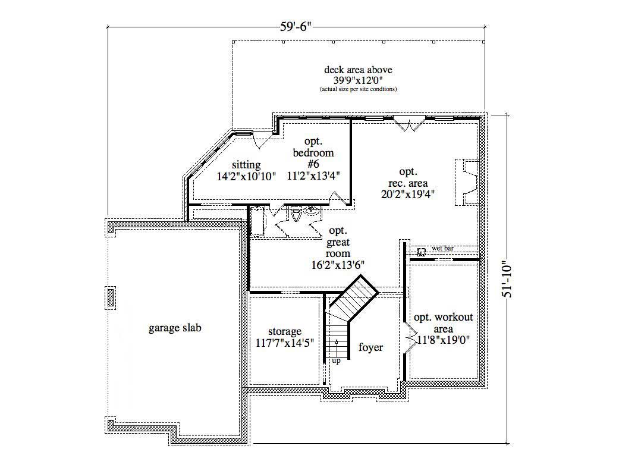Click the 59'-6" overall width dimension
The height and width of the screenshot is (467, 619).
click(x=296, y=26)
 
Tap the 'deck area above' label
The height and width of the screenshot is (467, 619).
click(x=358, y=70)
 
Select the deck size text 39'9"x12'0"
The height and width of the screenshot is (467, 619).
click(x=358, y=80)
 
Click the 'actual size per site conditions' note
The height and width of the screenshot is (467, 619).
click(x=358, y=89)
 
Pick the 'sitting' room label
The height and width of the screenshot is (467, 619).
click(x=246, y=165)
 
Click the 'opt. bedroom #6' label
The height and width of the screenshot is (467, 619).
click(x=313, y=153)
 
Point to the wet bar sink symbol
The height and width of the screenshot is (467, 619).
click(x=422, y=252)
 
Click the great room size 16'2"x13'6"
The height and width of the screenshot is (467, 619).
click(x=341, y=265)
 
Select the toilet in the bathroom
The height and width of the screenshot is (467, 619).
click(x=297, y=214)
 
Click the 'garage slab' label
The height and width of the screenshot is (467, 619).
click(x=174, y=328)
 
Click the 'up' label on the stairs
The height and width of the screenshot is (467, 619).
click(x=336, y=361)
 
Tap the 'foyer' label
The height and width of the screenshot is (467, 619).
click(x=370, y=347)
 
